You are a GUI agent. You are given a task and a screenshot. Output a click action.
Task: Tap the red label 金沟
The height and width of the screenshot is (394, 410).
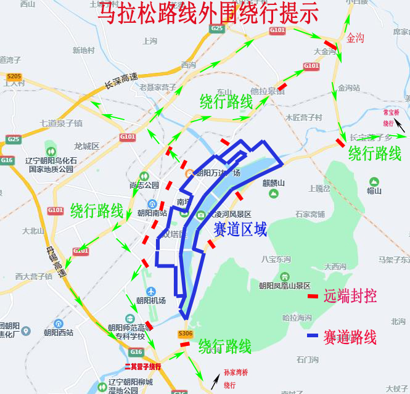coord(356,38)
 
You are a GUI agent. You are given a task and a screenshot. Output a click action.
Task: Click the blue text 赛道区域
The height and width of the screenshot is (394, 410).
coord(240,230)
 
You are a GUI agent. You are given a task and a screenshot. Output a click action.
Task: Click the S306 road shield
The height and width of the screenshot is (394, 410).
coord(186,334)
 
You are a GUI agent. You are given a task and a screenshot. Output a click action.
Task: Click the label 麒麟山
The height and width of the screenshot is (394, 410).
coord(274,183)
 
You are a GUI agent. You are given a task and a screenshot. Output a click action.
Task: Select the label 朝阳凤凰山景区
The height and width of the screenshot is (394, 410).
coord(284,285)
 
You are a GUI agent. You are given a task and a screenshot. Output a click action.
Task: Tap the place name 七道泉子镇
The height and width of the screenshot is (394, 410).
coord(61,123)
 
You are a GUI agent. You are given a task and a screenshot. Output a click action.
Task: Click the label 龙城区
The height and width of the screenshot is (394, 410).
coord(86,146)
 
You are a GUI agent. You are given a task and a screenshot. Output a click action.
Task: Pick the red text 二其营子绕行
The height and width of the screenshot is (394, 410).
coord(142,366)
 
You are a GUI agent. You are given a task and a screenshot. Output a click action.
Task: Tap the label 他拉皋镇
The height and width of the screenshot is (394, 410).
coord(268,91)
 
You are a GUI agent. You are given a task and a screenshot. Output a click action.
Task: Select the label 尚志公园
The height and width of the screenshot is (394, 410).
coord(144,185)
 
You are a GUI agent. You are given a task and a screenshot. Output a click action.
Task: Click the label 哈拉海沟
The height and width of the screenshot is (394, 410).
coord(297,318)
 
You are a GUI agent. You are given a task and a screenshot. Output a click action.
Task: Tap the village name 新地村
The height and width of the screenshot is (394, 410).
coord(83,51)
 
